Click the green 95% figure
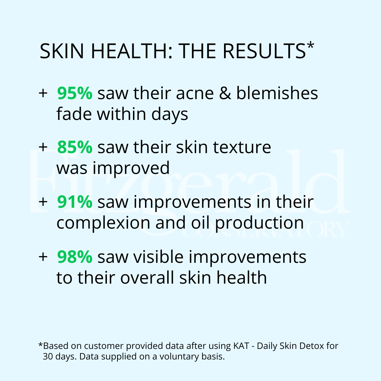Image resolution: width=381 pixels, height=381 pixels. pos(75,93)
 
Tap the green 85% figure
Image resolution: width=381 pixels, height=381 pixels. pos(75,147)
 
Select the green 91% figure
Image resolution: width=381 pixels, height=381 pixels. pos(75,202)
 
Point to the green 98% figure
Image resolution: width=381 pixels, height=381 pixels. pos(75,257)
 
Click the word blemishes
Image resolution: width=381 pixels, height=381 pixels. pos(277,93)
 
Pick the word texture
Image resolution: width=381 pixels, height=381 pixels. pos(242,147)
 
